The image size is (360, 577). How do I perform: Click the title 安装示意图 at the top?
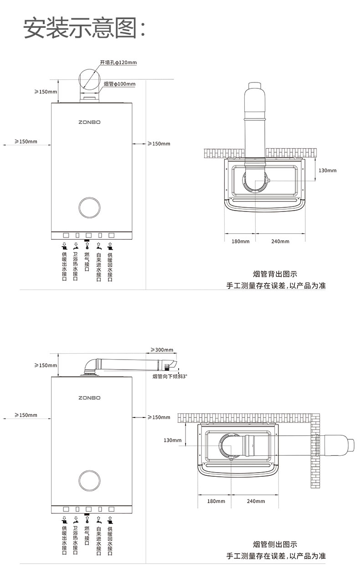click(x=85, y=28)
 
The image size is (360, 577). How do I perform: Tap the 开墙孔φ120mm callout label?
click(x=118, y=62)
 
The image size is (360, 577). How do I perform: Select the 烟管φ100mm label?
click(x=119, y=84)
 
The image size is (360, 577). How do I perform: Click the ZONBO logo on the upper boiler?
click(x=89, y=122)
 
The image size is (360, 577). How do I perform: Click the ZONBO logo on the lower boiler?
click(x=89, y=398)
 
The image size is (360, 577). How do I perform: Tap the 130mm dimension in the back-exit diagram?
click(x=327, y=170)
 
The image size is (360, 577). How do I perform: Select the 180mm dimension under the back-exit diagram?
click(x=241, y=242)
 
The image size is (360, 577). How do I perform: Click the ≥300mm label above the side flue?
click(x=162, y=350)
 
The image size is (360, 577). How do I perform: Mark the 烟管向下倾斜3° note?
click(x=170, y=376)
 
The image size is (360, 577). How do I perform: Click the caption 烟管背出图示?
click(x=275, y=274)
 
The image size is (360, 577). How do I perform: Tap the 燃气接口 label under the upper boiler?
click(x=87, y=262)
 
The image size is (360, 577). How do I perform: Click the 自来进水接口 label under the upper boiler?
click(x=98, y=267)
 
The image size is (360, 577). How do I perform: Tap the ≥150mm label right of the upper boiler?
click(x=159, y=144)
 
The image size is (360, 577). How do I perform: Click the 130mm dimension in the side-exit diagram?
click(x=173, y=440)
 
